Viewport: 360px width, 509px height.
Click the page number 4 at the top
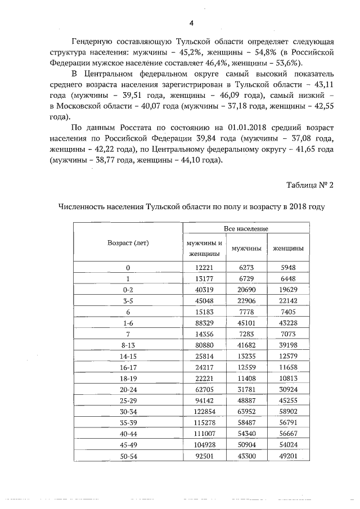(x=191, y=23)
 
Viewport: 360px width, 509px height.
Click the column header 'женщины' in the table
(x=288, y=248)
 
